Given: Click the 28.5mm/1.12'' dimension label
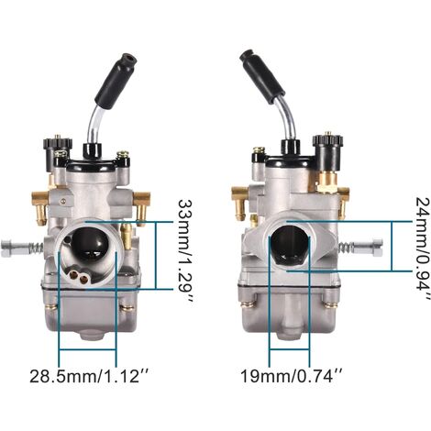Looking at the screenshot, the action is [x=89, y=376].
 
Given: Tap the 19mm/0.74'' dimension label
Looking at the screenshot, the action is [x=292, y=376].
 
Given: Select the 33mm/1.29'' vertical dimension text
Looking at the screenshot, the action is [x=186, y=251].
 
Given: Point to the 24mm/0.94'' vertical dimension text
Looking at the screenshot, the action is [x=423, y=249].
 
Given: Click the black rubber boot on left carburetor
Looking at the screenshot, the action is [x=116, y=79].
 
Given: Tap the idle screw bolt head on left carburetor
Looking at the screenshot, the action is [x=11, y=249].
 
